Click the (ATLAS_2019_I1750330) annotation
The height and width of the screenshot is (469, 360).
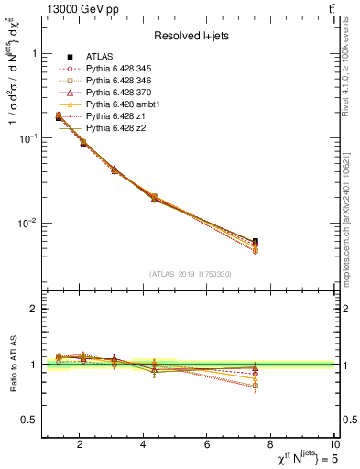(x=190, y=274)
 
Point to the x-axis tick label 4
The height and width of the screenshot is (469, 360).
(x=144, y=445)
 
